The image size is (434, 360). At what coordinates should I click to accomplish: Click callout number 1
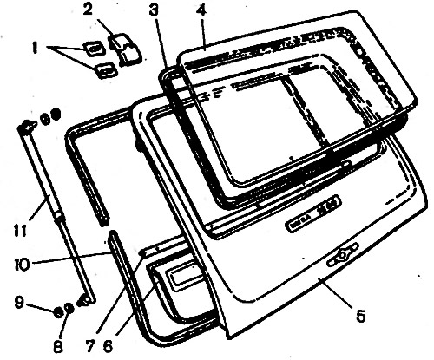tap(35, 49)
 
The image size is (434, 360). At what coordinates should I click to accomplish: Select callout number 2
tap(87, 10)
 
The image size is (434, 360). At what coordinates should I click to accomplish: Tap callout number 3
tap(154, 10)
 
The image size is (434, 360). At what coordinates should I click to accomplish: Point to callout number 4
tap(201, 10)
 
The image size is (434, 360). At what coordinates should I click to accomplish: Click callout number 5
tap(360, 316)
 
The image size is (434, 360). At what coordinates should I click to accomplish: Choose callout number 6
tap(108, 347)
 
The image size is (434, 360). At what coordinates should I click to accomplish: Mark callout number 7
tap(89, 347)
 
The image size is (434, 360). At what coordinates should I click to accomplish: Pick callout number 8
tap(58, 347)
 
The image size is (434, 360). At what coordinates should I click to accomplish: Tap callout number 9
tap(19, 303)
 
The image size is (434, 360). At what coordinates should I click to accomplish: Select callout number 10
tap(22, 265)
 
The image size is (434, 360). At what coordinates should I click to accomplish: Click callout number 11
tap(20, 230)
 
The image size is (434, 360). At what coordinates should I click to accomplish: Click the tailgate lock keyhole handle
tap(343, 255)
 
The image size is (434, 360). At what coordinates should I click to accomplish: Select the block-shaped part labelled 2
tap(125, 49)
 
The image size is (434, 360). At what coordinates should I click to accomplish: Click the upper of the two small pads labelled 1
tap(94, 48)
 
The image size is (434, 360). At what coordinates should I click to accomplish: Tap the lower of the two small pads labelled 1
tap(105, 69)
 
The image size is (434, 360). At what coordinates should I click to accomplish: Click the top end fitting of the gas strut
tap(27, 126)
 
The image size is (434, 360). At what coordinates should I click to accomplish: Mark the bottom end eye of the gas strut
tap(85, 301)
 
